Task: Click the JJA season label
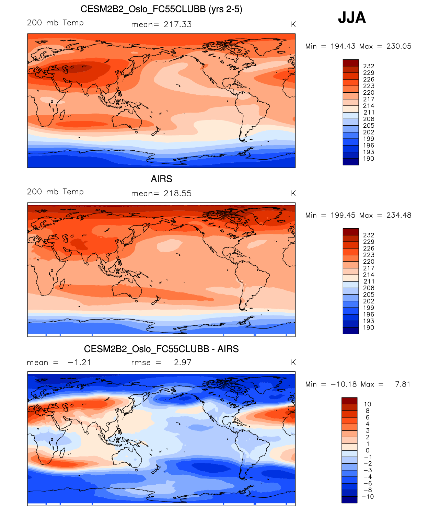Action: (x=352, y=18)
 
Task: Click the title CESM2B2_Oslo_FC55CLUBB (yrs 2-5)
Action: (x=161, y=9)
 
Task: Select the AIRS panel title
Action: (x=161, y=179)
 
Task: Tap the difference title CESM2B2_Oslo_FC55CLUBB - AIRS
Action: (x=161, y=349)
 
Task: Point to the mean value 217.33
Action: (x=178, y=24)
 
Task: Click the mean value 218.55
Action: (x=178, y=194)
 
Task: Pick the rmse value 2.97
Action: (x=183, y=362)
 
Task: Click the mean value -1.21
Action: (x=79, y=363)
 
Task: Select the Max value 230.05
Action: (x=399, y=46)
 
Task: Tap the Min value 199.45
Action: (x=343, y=215)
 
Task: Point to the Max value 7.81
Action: (x=403, y=384)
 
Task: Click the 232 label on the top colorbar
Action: (x=369, y=66)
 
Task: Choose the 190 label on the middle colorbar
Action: (x=369, y=328)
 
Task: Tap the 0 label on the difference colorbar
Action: (x=368, y=450)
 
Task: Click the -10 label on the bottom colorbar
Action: (x=368, y=497)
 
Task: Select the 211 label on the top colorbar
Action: (x=369, y=113)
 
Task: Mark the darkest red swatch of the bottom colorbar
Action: (x=349, y=401)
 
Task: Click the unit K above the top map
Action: (x=293, y=24)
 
